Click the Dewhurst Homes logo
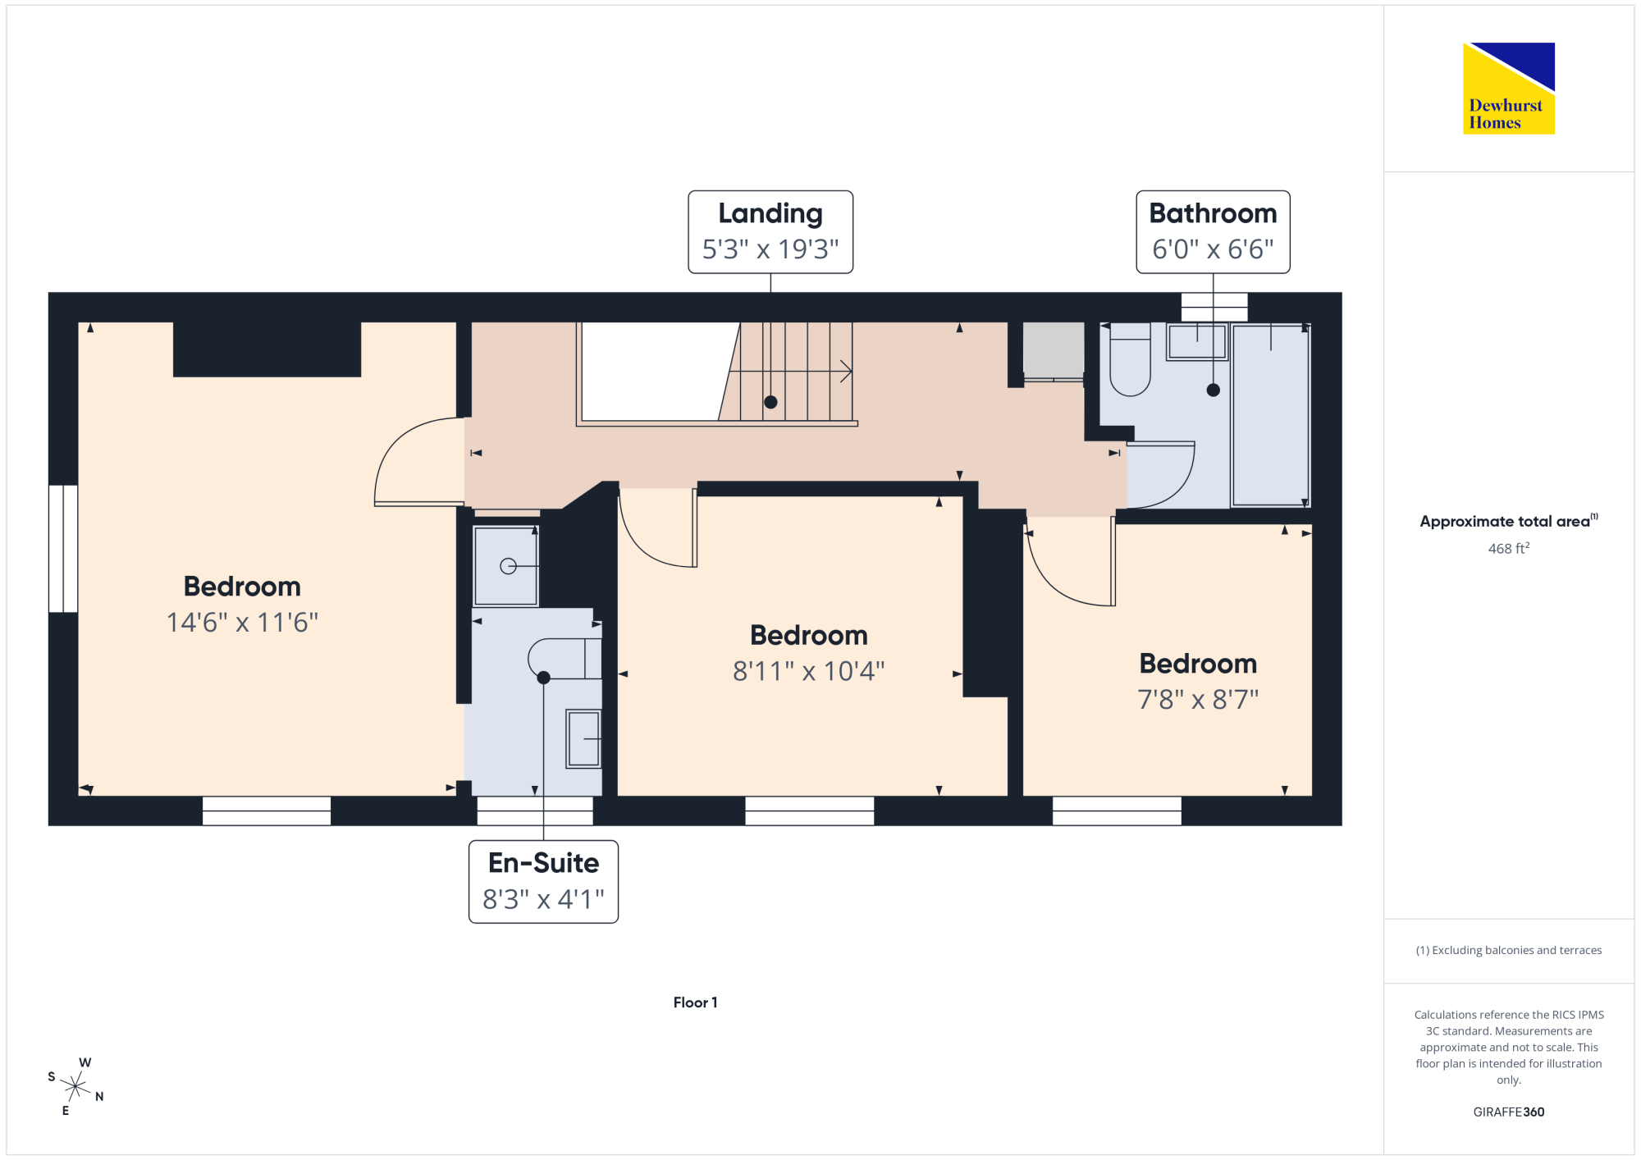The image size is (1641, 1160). coord(1509,88)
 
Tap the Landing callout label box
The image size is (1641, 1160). coord(770,232)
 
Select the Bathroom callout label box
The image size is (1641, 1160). coord(1213,232)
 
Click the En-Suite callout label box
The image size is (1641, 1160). coord(543,882)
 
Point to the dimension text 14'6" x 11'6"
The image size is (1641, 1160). coord(242,623)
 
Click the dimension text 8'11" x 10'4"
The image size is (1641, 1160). coord(809,672)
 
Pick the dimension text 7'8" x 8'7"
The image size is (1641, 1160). coord(1198,700)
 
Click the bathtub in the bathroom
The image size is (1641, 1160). coord(1270,415)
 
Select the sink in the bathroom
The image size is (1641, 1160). coord(1197,341)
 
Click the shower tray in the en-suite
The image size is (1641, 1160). coord(506,566)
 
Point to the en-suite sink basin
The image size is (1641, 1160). coord(583,739)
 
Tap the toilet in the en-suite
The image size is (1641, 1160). coord(565,659)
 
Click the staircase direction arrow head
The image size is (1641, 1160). coord(847,372)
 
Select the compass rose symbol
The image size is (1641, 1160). coord(75,1087)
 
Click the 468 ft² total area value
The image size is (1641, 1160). coord(1509,548)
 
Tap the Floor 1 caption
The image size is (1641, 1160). coord(695,1002)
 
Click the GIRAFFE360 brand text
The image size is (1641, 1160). coord(1509,1112)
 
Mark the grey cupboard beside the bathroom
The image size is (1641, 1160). coord(1054,351)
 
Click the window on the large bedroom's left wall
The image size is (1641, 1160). coord(63,549)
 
